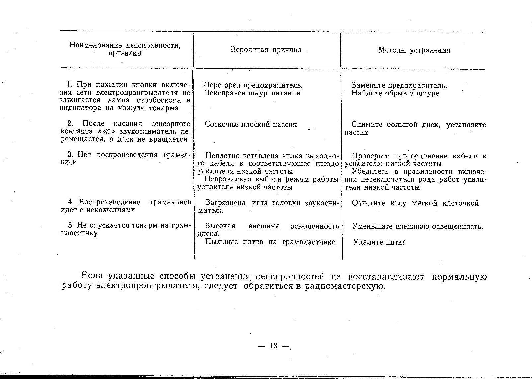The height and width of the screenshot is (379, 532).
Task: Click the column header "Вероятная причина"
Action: click(266, 50)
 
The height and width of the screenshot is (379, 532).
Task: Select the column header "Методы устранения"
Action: click(414, 50)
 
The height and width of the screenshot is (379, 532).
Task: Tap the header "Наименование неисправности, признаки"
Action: click(125, 49)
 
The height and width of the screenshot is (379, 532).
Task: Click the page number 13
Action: click(274, 346)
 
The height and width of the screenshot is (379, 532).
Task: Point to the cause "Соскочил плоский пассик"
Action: click(251, 125)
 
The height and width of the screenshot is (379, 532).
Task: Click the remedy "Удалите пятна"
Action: click(379, 242)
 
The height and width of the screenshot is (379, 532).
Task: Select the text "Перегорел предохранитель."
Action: click(253, 85)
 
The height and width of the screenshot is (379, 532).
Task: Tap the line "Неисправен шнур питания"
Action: click(252, 93)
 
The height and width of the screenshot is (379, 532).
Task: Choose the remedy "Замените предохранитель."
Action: click(399, 85)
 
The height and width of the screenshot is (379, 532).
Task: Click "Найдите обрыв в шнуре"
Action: click(395, 93)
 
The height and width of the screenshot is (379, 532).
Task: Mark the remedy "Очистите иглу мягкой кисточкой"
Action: click(415, 203)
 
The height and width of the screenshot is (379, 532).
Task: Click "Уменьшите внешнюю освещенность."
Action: click(417, 227)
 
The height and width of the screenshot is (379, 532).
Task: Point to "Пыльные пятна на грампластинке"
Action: click(270, 242)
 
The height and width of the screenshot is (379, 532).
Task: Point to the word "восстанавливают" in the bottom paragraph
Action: click(386, 277)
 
